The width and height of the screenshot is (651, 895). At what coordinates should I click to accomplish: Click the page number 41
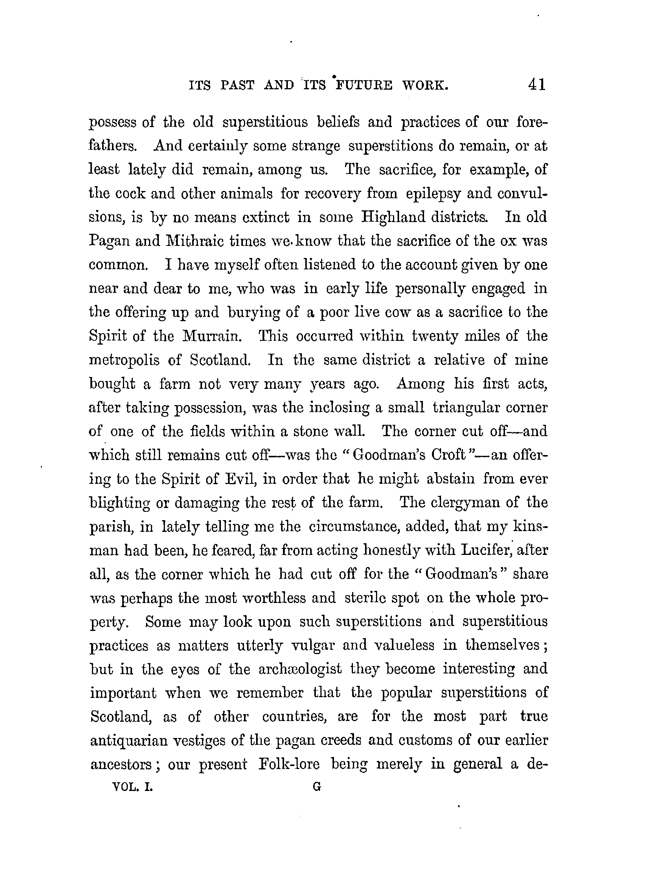(537, 84)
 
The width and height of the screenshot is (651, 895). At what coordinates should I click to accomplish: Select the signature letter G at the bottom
(317, 787)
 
